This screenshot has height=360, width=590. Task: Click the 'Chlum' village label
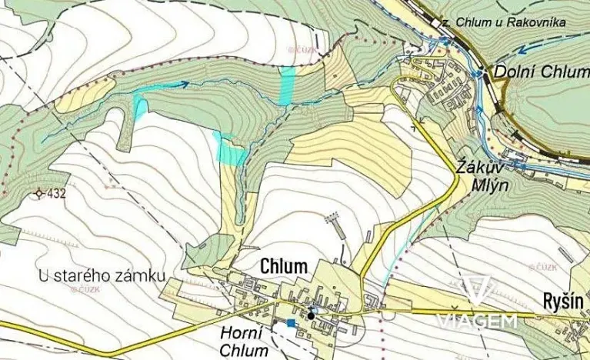(284, 266)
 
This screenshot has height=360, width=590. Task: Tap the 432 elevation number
(55, 194)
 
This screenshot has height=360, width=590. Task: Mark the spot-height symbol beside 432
(39, 194)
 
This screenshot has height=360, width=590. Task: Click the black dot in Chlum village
(311, 314)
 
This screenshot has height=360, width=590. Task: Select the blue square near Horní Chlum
(290, 324)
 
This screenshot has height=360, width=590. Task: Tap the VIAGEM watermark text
(476, 321)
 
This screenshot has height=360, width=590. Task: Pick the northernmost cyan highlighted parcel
(286, 85)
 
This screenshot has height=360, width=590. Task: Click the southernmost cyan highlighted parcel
(230, 149)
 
